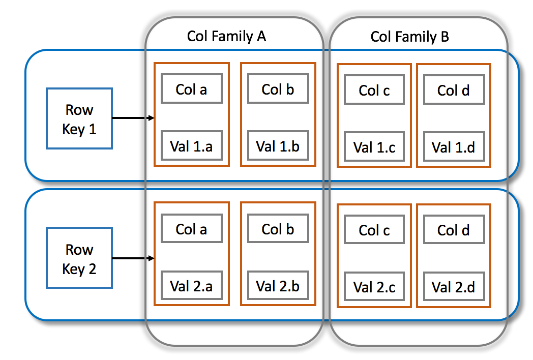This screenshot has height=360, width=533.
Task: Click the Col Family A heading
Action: (226, 36)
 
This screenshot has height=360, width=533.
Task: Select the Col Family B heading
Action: (409, 37)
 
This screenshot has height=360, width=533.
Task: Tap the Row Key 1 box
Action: (79, 118)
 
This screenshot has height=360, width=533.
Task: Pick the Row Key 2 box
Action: (79, 259)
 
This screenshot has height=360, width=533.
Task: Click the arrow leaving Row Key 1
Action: (132, 118)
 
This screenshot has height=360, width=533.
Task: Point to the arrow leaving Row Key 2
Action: (132, 259)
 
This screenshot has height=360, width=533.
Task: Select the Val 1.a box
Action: (191, 146)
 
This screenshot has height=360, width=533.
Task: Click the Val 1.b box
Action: (278, 146)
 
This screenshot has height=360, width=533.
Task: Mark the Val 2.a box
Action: (191, 286)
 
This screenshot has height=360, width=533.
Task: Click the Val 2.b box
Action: (278, 286)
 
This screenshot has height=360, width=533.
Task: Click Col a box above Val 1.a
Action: (191, 89)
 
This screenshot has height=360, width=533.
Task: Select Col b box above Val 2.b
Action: (278, 229)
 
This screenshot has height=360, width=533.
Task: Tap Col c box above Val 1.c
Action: (374, 90)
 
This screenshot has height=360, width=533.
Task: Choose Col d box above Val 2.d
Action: (454, 230)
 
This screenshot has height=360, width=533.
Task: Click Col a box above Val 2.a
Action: (191, 229)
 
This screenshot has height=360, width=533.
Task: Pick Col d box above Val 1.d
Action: (454, 90)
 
